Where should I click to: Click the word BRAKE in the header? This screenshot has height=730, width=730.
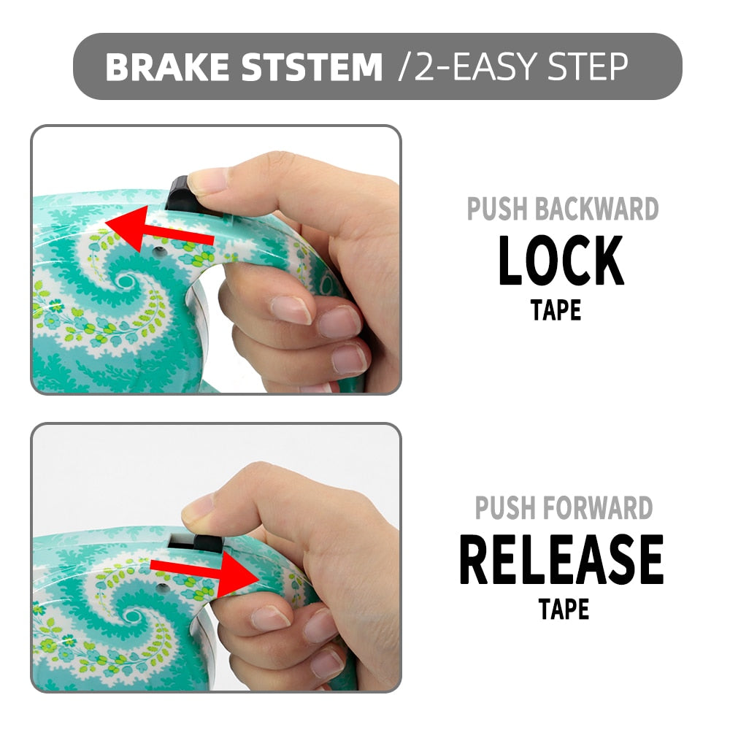(x=168, y=66)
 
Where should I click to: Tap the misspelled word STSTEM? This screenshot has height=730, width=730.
(x=312, y=66)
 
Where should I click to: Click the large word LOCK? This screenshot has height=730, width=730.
(x=561, y=261)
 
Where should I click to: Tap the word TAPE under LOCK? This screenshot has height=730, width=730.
(x=556, y=310)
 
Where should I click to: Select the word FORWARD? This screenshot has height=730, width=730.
(x=598, y=507)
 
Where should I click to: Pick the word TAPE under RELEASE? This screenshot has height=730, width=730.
(x=564, y=609)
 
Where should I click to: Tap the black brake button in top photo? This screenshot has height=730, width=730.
(x=183, y=196)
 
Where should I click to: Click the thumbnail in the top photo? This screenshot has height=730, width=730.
(x=208, y=180)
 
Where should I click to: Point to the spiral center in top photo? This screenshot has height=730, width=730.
(x=125, y=281)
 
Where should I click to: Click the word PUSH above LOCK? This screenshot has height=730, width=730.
(x=497, y=209)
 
